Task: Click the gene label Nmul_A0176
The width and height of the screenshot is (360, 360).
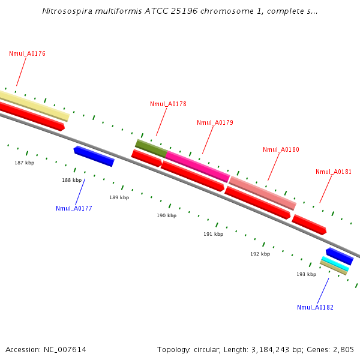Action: [x=27, y=54]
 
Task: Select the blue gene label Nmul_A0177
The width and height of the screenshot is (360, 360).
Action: [x=74, y=209]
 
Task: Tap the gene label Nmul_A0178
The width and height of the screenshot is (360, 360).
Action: [x=168, y=104]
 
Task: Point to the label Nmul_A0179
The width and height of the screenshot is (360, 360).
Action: [x=215, y=123]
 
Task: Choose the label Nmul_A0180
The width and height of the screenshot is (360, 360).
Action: [x=281, y=150]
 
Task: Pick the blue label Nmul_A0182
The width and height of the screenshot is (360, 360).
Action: [x=315, y=308]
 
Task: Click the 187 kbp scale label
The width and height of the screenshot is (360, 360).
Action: [x=25, y=163]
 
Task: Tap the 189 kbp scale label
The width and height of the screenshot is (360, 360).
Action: [x=119, y=197]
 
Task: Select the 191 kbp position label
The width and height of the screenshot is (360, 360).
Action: [x=213, y=235]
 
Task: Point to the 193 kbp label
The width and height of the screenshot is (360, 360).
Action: [x=306, y=274]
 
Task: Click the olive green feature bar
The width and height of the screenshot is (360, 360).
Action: [x=151, y=148]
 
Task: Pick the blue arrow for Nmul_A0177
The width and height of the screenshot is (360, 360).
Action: [x=94, y=156]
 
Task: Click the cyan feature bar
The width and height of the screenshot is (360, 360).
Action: [x=335, y=263]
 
